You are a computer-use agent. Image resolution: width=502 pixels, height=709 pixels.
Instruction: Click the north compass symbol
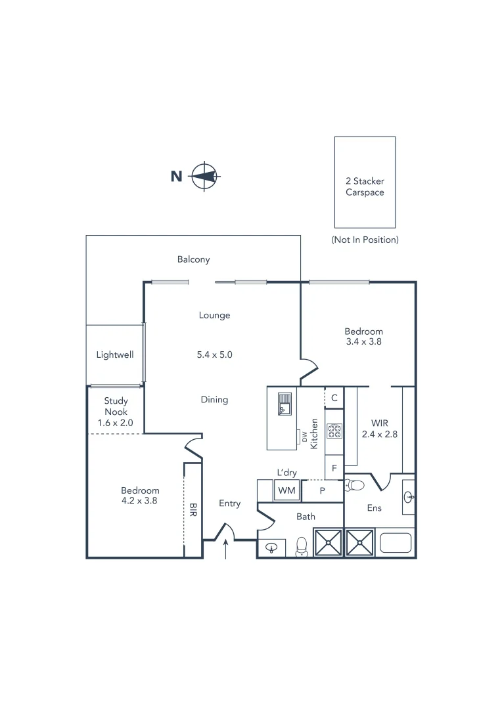(x=205, y=176)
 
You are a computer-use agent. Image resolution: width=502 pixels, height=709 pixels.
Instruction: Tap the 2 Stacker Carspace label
(x=365, y=186)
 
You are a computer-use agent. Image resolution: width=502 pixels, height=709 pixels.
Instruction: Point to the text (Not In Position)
(x=365, y=240)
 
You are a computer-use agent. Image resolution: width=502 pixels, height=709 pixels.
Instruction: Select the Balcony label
(x=193, y=259)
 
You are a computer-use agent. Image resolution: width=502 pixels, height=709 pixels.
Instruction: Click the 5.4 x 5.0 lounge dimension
(x=215, y=354)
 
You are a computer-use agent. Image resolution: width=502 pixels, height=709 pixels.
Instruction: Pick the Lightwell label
(x=115, y=354)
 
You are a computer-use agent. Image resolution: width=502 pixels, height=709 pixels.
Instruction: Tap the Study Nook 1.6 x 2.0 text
(x=116, y=412)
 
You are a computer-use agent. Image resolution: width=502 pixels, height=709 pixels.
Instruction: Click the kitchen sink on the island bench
(x=284, y=403)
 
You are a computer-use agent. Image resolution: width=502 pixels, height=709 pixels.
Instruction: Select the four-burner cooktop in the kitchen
(x=334, y=431)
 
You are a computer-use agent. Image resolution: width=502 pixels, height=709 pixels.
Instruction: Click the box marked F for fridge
(x=334, y=468)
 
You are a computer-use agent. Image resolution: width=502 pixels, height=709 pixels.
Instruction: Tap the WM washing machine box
(x=286, y=490)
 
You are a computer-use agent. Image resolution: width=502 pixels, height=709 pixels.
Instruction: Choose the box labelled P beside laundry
(x=323, y=490)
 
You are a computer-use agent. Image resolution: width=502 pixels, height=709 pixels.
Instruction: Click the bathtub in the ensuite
(x=396, y=542)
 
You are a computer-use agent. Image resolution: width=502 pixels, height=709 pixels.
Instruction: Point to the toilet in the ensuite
(x=354, y=486)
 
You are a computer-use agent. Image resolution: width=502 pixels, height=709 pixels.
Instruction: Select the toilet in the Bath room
(x=302, y=546)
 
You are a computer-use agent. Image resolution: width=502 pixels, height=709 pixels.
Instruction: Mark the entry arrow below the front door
(x=227, y=550)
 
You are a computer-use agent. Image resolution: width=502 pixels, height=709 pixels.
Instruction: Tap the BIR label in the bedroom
(x=193, y=509)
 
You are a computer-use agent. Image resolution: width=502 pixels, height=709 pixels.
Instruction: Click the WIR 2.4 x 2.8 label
(x=380, y=428)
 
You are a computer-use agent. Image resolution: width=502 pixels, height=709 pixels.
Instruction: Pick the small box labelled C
(x=334, y=397)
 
